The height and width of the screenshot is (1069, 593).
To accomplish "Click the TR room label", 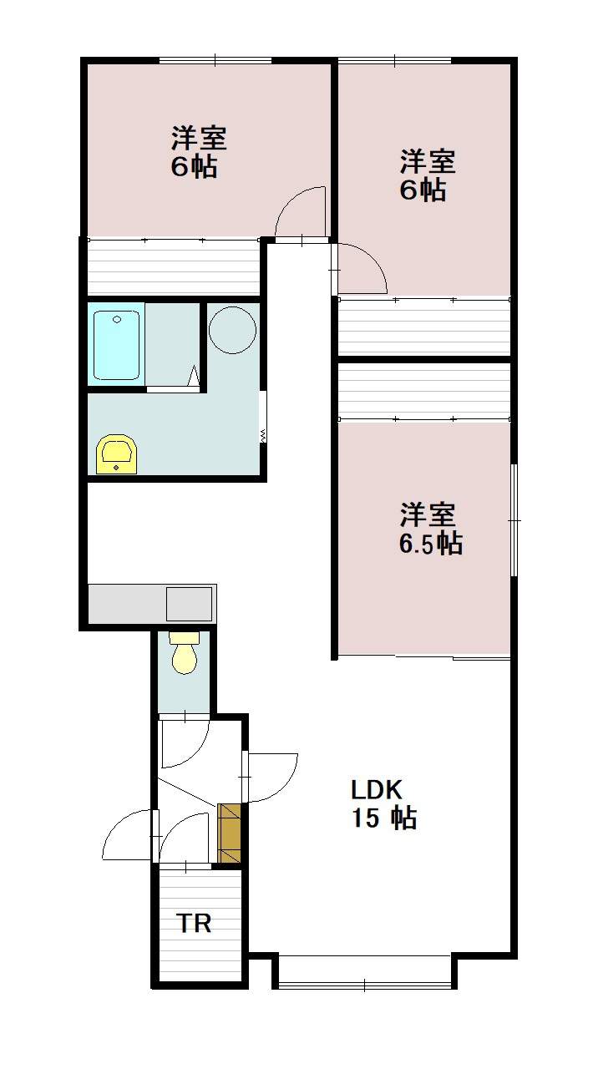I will (x=193, y=924).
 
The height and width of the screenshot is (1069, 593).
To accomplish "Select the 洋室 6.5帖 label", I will (x=429, y=528).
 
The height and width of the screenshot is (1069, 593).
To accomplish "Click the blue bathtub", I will (x=115, y=343).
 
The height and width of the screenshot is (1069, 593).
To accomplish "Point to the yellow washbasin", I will (x=118, y=454).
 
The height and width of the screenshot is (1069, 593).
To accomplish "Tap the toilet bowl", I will (x=184, y=654).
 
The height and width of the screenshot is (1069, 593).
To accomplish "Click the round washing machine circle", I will (x=231, y=329).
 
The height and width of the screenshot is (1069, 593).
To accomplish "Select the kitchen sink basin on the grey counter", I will (x=189, y=603).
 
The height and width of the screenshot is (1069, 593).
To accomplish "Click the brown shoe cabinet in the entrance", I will (x=229, y=833).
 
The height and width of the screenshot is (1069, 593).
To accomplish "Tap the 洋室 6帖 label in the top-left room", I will (x=198, y=151).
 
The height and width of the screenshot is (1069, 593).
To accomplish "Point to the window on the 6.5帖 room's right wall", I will (x=514, y=519).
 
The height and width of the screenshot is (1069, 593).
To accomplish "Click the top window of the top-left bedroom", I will (x=215, y=59).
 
